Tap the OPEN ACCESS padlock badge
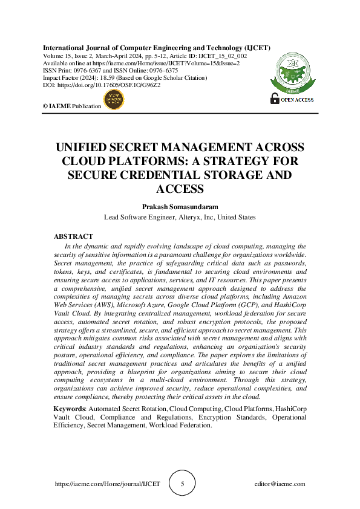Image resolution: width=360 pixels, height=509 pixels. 292,99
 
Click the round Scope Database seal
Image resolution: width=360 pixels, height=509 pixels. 114,100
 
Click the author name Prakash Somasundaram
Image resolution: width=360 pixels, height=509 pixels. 180,206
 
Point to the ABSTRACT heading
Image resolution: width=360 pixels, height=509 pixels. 74,236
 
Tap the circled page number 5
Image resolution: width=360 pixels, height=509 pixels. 182,484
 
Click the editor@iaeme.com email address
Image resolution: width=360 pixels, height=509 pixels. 280,484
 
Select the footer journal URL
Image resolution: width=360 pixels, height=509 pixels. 108,484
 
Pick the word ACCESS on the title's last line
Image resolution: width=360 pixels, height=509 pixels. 180,189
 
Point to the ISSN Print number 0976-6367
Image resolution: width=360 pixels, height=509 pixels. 90,71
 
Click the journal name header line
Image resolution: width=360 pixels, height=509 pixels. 156,48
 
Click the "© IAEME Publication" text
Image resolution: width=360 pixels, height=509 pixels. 72,106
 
